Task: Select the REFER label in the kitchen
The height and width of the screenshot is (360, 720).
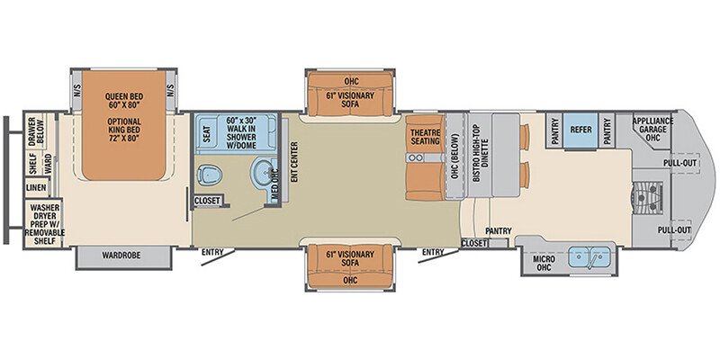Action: point(580,128)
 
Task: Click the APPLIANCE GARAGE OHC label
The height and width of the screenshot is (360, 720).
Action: point(652,128)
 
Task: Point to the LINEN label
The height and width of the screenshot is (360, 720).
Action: point(35,187)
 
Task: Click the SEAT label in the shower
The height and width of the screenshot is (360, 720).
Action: point(207,132)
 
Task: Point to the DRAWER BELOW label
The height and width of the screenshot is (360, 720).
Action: point(36,130)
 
